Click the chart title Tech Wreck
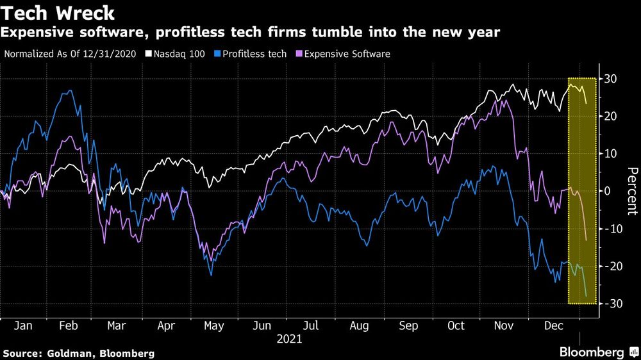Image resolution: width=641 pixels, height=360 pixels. (x=58, y=13)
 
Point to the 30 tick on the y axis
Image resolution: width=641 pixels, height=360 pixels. (x=612, y=79)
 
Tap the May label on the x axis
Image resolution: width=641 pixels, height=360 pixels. (x=214, y=326)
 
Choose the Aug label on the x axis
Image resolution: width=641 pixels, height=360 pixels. (x=360, y=326)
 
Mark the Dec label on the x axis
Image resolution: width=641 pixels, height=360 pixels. (x=553, y=326)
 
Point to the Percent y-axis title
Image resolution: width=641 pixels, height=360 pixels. (x=632, y=190)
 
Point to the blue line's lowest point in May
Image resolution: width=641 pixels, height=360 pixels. (x=211, y=275)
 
